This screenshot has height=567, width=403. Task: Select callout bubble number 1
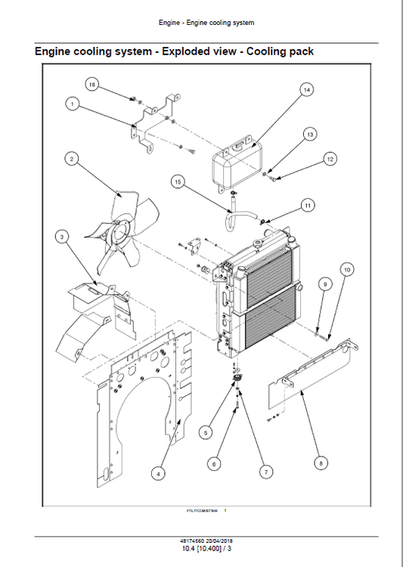click(x=73, y=104)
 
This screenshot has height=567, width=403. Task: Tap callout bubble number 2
click(x=71, y=159)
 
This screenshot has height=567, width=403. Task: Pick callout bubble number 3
click(x=61, y=237)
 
